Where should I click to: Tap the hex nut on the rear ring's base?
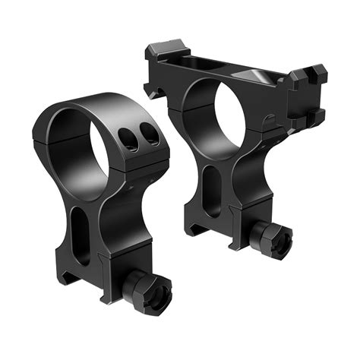click(x=272, y=240)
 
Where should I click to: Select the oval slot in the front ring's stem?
click(x=82, y=232)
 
